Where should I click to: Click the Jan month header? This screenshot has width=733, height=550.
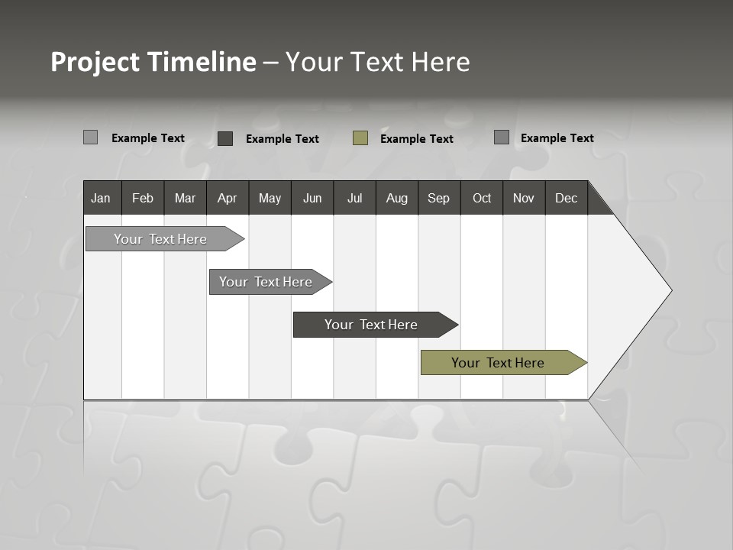(101, 198)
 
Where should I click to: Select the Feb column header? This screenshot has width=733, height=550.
(143, 198)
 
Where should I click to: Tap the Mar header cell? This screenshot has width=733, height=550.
(185, 198)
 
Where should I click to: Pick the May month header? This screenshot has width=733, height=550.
(270, 198)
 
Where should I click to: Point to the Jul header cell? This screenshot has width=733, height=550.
(354, 198)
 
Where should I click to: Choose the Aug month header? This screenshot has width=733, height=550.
(397, 198)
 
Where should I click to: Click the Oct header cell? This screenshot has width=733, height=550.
(482, 198)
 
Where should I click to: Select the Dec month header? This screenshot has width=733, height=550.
(566, 198)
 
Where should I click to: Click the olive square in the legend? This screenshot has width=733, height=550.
(360, 138)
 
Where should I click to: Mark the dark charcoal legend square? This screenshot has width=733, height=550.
(225, 138)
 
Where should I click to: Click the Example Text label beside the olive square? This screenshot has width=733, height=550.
(417, 139)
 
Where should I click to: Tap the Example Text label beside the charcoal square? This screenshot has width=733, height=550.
(283, 139)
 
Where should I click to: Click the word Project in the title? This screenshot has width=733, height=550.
(95, 62)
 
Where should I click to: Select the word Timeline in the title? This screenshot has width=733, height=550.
(202, 62)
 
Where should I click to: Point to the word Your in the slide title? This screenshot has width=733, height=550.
(312, 62)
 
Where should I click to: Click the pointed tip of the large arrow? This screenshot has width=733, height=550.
(670, 290)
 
